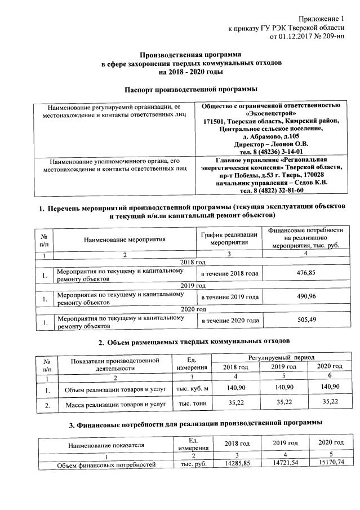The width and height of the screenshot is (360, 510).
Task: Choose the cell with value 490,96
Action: point(305,297)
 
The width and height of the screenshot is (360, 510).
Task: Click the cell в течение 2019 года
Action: point(230,297)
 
